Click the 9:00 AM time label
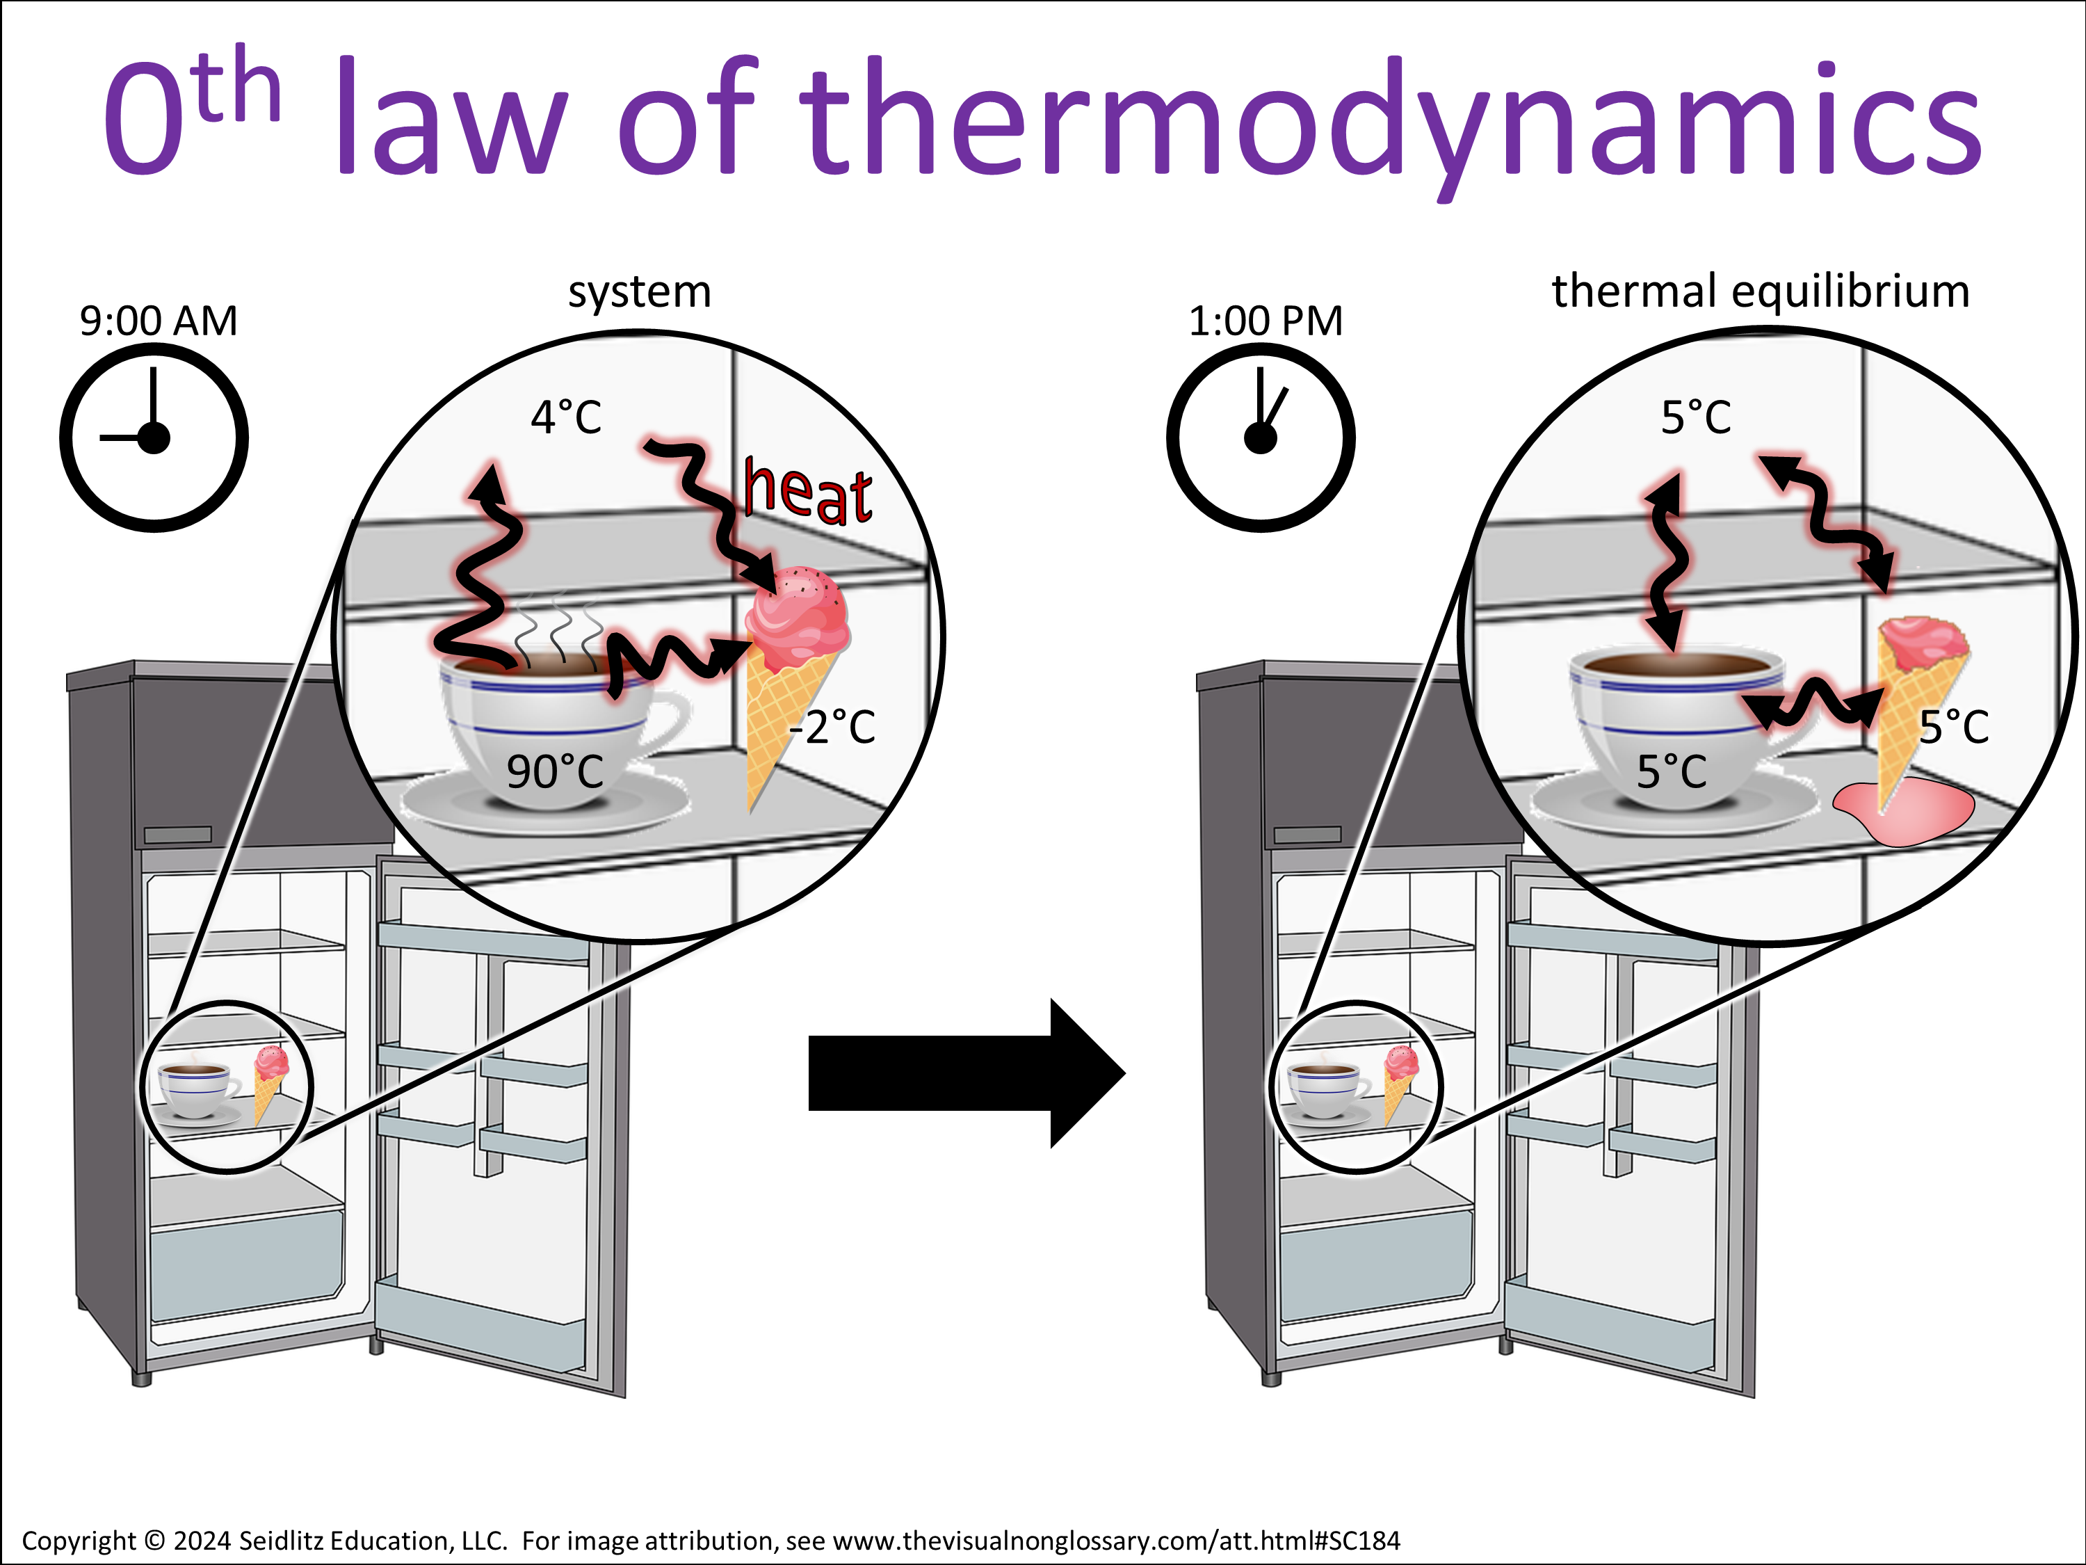pyautogui.click(x=159, y=321)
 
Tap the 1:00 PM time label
pyautogui.click(x=1266, y=321)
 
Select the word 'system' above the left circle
pyautogui.click(x=640, y=292)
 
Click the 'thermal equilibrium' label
pyautogui.click(x=1761, y=291)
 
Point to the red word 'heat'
pyautogui.click(x=807, y=490)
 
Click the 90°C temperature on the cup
pyautogui.click(x=554, y=771)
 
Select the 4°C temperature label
pyautogui.click(x=566, y=417)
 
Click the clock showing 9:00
pyautogui.click(x=154, y=438)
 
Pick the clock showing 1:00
pyautogui.click(x=1261, y=438)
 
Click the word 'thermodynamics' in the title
pyautogui.click(x=1391, y=118)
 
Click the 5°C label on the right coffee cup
pyautogui.click(x=1671, y=771)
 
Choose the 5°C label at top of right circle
pyautogui.click(x=1696, y=417)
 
